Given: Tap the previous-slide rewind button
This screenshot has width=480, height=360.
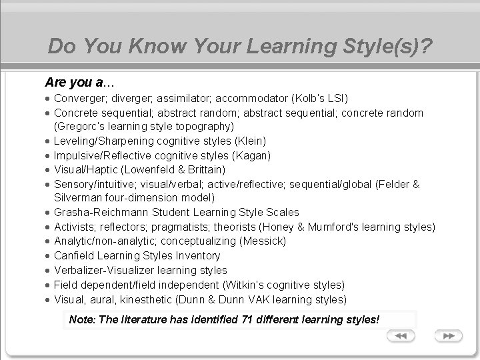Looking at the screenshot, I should [x=401, y=336].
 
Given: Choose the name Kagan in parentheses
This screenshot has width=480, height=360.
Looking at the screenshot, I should [x=247, y=155].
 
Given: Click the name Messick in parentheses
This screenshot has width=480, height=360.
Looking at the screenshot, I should [x=266, y=241].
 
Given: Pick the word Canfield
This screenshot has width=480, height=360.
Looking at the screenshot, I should [x=74, y=256].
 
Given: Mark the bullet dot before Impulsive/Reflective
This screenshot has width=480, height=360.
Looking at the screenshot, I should [x=49, y=155].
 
